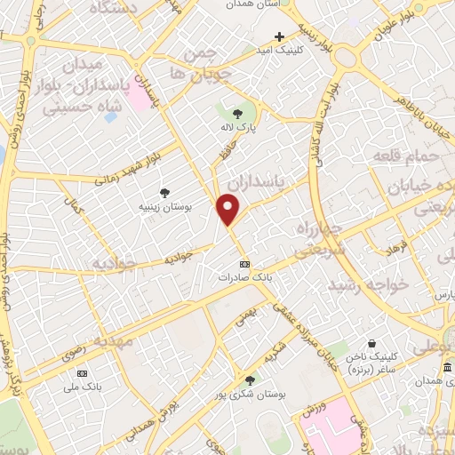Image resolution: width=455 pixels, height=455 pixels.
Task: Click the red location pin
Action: tap(228, 209)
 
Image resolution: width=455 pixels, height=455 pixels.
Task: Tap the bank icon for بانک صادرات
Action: tap(245, 265)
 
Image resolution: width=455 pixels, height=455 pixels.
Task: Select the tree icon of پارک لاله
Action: tap(237, 113)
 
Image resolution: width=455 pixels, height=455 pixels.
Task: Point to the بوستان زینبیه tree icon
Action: tap(165, 192)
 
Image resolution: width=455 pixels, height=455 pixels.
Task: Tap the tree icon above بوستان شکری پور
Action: tap(250, 379)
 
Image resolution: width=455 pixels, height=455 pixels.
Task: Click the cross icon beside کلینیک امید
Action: tap(279, 36)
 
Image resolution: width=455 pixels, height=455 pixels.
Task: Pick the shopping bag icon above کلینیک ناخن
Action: tap(372, 341)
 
